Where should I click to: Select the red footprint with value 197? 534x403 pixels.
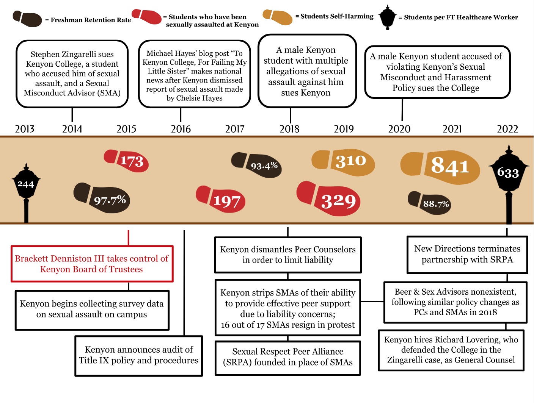point(221,199)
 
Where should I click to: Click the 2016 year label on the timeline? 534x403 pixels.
point(181,129)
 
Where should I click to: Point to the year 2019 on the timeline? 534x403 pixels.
point(344,129)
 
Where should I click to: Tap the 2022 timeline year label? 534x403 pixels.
point(507,129)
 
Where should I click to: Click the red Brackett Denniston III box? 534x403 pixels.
point(92,264)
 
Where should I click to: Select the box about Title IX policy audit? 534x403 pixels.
point(138,355)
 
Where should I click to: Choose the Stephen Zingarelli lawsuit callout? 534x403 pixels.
point(72,74)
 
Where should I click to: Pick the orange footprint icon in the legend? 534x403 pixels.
point(278,17)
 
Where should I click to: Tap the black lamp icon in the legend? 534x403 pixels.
point(387,17)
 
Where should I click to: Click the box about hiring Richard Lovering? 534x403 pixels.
point(451,350)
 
